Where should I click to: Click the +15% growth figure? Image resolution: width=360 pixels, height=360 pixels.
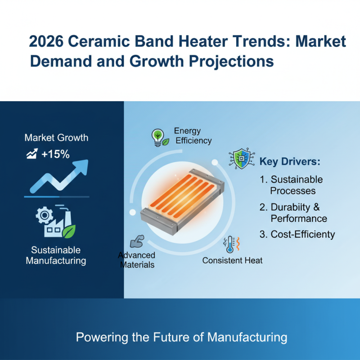(x=55, y=154)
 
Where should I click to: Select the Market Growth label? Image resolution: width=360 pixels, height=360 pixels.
(x=56, y=138)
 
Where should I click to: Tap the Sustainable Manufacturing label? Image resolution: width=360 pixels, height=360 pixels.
(x=56, y=255)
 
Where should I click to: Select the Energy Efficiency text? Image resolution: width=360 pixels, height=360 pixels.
(x=193, y=135)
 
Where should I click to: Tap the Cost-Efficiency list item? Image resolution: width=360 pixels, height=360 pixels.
(x=297, y=234)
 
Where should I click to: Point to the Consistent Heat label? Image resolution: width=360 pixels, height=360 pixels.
(x=232, y=261)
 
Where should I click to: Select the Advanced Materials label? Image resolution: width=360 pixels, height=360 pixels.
(x=136, y=260)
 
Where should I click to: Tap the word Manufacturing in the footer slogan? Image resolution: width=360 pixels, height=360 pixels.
(x=244, y=337)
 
